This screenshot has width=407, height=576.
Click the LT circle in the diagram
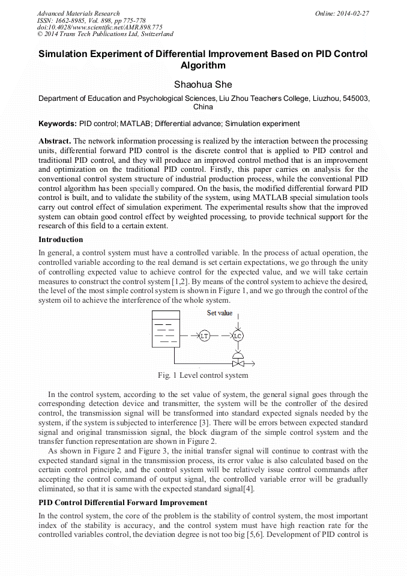pyautogui.click(x=204, y=336)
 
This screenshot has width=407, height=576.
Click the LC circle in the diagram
pyautogui.click(x=238, y=336)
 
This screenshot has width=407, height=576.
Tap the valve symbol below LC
pyautogui.click(x=238, y=360)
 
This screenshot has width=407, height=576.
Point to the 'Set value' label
pyautogui.click(x=219, y=313)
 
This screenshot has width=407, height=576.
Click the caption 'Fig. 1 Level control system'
pyautogui.click(x=203, y=375)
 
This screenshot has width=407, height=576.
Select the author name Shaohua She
pyautogui.click(x=203, y=85)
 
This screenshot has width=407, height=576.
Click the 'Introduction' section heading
pyautogui.click(x=61, y=240)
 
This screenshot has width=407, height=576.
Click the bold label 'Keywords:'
pyautogui.click(x=58, y=124)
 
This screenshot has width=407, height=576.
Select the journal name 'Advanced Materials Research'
pyautogui.click(x=78, y=13)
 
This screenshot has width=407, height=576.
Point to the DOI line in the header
pyautogui.click(x=100, y=27)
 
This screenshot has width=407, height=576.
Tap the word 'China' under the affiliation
pyautogui.click(x=203, y=107)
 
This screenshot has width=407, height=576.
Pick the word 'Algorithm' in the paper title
pyautogui.click(x=203, y=65)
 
